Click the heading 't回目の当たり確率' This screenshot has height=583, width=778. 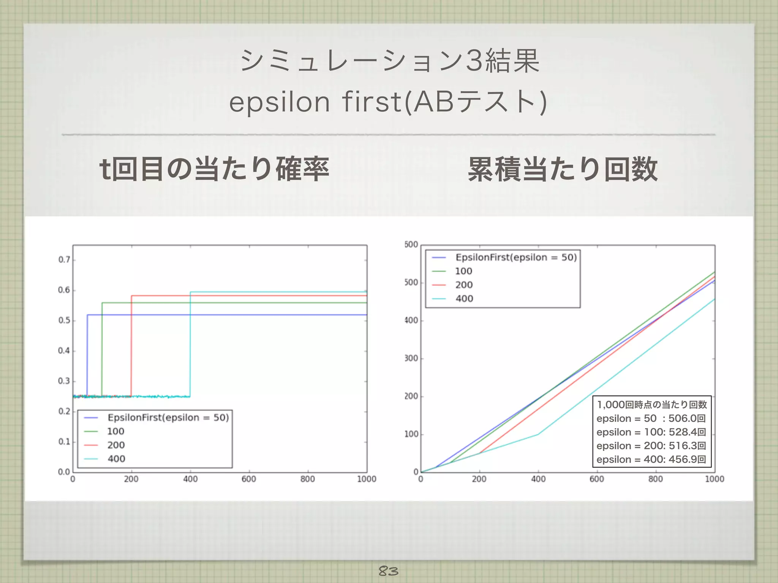coord(214,169)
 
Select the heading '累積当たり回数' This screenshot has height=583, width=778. coord(563,169)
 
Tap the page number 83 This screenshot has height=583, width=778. coord(388,570)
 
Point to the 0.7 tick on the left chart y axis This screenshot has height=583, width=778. coord(64,260)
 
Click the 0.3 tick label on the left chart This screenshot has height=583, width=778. coord(64,381)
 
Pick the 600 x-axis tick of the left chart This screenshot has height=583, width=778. coord(249,479)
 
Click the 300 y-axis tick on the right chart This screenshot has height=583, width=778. coord(411,358)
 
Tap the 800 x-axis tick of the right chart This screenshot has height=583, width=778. coord(656,479)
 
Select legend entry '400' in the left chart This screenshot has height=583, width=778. coord(116,459)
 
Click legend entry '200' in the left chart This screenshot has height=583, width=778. coord(116,445)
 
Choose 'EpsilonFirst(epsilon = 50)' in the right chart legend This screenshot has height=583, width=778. coord(516,257)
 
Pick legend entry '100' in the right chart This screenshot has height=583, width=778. coord(463,271)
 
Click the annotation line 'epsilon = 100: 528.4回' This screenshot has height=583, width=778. coord(651,432)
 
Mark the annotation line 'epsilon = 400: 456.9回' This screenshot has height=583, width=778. coord(651,459)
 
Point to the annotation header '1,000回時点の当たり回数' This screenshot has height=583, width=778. coord(652,405)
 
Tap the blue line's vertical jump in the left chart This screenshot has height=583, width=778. coord(87,355)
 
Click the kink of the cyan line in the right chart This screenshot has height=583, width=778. coord(538,434)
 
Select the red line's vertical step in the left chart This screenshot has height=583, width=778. coord(131,345)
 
